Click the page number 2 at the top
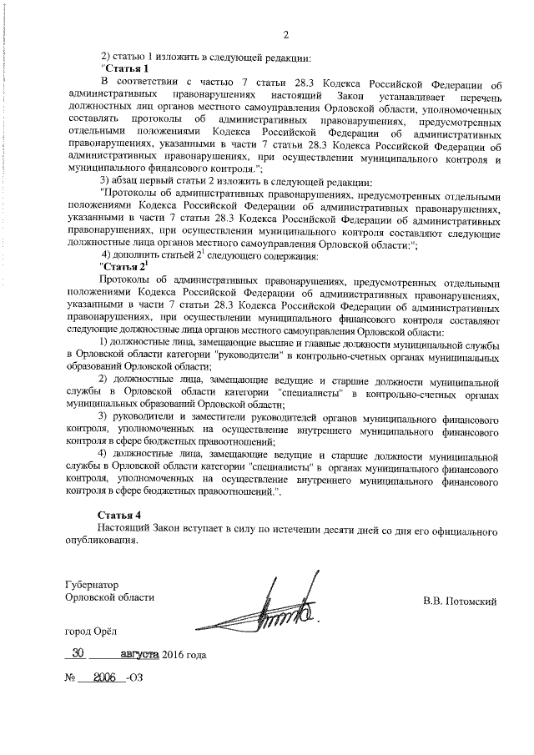point(285,34)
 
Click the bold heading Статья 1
point(128,68)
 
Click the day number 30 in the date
point(81,654)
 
